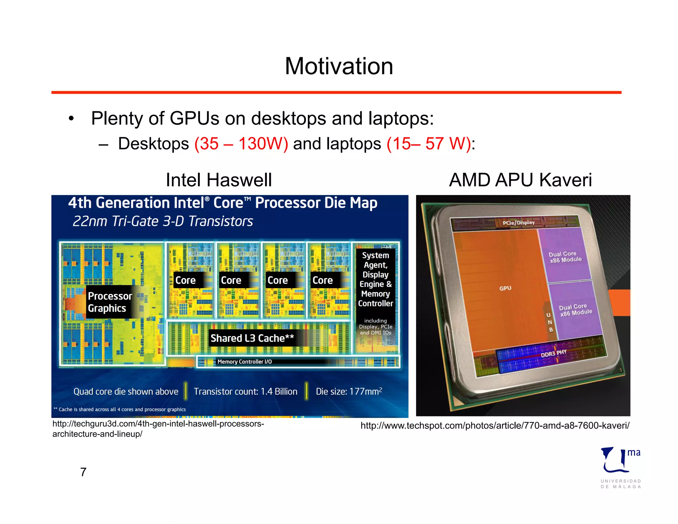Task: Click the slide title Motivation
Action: click(339, 66)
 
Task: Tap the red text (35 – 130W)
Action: click(241, 144)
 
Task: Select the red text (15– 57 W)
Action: click(429, 144)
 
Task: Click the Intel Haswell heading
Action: click(218, 180)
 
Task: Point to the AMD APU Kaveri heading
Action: click(520, 180)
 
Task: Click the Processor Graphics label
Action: click(110, 302)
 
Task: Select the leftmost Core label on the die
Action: click(185, 280)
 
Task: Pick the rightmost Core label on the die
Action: click(322, 280)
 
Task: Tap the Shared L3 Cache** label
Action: click(252, 338)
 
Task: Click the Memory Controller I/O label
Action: click(244, 362)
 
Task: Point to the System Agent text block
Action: click(375, 279)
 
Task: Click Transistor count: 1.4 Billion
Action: click(245, 392)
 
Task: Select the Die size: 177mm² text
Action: click(349, 392)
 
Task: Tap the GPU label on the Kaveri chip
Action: click(505, 288)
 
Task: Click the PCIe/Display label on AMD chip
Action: click(518, 223)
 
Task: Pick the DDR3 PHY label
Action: click(554, 353)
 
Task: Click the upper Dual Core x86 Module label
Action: click(565, 257)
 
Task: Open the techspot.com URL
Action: click(495, 426)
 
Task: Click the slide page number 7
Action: click(83, 472)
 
